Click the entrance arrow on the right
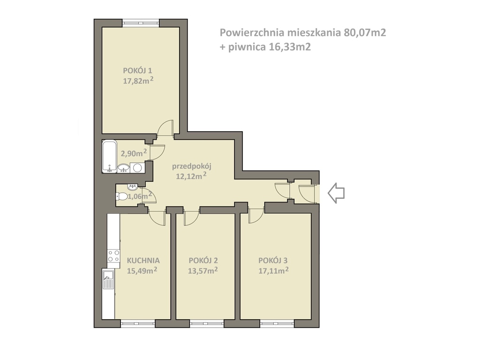click(x=336, y=193)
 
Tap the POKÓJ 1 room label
click(x=137, y=71)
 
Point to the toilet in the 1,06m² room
click(x=122, y=196)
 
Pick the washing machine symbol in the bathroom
click(x=138, y=167)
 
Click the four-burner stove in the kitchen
click(x=113, y=255)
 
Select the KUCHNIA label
click(x=143, y=261)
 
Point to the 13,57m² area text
click(x=203, y=270)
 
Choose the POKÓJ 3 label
click(x=273, y=261)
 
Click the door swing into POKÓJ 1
click(x=165, y=129)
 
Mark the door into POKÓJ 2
click(x=191, y=218)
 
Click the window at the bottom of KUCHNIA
click(x=138, y=323)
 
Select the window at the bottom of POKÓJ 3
click(x=277, y=323)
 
